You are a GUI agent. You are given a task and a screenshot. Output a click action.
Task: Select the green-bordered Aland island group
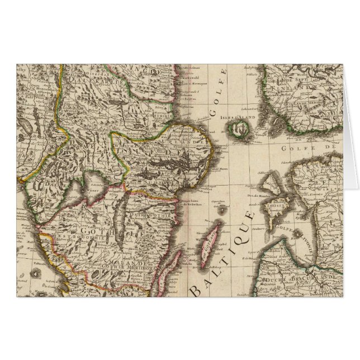click(x=241, y=130)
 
